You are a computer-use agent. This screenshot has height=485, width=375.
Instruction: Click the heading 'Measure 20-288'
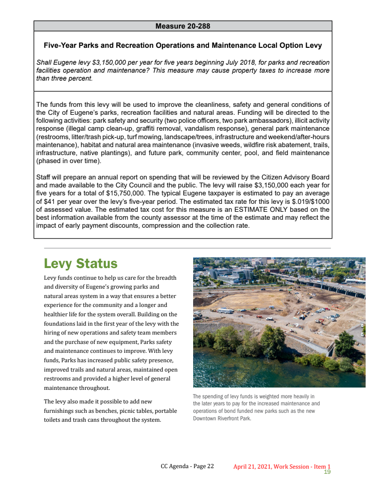[x=182, y=26]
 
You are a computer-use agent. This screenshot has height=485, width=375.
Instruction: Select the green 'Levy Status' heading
[x=80, y=263]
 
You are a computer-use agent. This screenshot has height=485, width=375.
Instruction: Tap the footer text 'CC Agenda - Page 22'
[x=187, y=466]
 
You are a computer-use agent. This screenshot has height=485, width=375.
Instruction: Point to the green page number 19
[x=327, y=472]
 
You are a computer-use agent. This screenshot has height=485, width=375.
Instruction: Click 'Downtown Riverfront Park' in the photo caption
[x=221, y=418]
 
